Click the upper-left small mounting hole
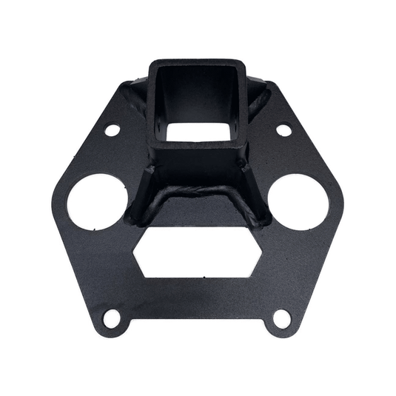pyautogui.click(x=113, y=130)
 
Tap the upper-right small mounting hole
pyautogui.click(x=283, y=130)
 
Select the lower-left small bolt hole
pyautogui.click(x=111, y=318)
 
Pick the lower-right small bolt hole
pyautogui.click(x=281, y=319)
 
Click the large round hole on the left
pyautogui.click(x=97, y=200)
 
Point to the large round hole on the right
pyautogui.click(x=296, y=200)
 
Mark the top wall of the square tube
pyautogui.click(x=197, y=64)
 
